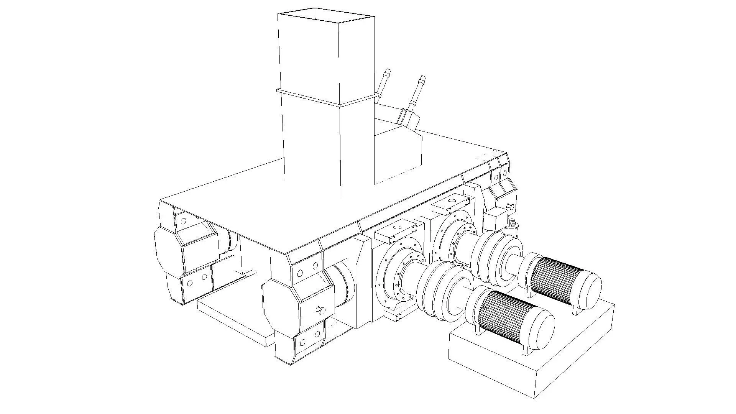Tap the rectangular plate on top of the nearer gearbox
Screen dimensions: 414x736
click(395, 232)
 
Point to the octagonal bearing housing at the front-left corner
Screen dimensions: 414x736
click(169, 249)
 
